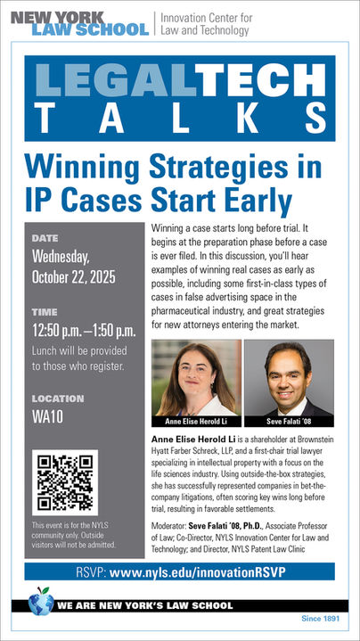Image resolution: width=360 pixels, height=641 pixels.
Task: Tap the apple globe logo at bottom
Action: pyautogui.click(x=40, y=603)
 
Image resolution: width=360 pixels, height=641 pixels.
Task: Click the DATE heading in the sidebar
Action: pyautogui.click(x=45, y=239)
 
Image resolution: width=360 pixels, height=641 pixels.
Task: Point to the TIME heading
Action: pyautogui.click(x=45, y=313)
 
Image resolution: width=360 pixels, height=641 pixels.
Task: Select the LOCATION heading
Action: pyautogui.click(x=57, y=399)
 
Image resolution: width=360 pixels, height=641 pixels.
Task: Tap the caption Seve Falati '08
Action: pyautogui.click(x=287, y=420)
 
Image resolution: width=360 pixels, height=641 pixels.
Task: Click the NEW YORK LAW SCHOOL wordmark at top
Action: pyautogui.click(x=78, y=23)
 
